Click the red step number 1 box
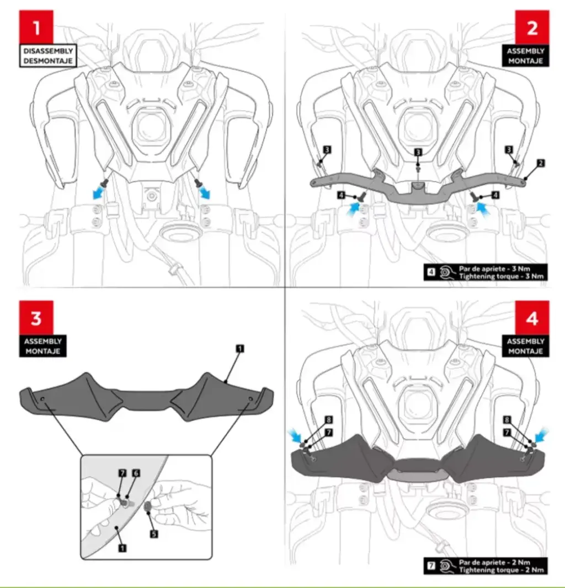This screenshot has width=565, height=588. pyautogui.click(x=36, y=28)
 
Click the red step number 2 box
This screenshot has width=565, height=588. pyautogui.click(x=532, y=28)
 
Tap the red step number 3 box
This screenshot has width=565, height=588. pyautogui.click(x=36, y=317)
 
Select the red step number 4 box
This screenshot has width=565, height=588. pyautogui.click(x=532, y=317)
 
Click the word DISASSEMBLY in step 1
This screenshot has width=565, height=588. pyautogui.click(x=48, y=51)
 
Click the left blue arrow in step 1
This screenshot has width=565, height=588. pyautogui.click(x=98, y=192)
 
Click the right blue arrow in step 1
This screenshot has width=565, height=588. pyautogui.click(x=205, y=192)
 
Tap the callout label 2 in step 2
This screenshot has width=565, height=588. pyautogui.click(x=541, y=163)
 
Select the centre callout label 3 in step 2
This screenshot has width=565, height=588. pyautogui.click(x=418, y=152)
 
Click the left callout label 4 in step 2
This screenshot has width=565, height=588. pyautogui.click(x=341, y=195)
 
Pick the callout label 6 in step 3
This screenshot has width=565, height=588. pyautogui.click(x=136, y=473)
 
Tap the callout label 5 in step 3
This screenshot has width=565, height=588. pyautogui.click(x=154, y=533)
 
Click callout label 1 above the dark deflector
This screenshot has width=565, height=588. pyautogui.click(x=240, y=348)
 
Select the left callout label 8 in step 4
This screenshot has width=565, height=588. pyautogui.click(x=328, y=419)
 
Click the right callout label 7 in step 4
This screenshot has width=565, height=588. pyautogui.click(x=507, y=433)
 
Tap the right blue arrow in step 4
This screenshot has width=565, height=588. pyautogui.click(x=541, y=435)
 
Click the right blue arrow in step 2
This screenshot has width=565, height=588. pyautogui.click(x=483, y=208)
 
